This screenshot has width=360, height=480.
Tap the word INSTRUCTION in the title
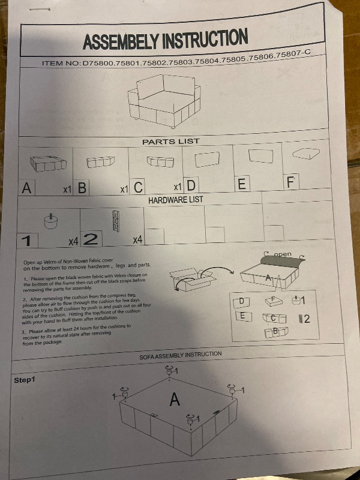pos(205,38)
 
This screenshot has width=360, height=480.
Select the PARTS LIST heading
pos(171,142)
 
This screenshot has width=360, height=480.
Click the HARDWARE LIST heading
pos(175,200)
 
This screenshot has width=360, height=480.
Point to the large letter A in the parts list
pos(26,188)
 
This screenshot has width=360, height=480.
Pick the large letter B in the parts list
pos(82,188)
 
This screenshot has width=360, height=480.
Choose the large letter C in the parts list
pos(138,187)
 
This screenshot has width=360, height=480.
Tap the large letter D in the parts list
pos(191,185)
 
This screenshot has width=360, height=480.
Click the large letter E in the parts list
pos(242,184)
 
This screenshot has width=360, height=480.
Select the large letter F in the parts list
pos(291,182)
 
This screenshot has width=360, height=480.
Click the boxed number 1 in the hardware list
pos(27,241)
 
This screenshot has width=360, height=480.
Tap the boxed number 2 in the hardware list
pos(91,239)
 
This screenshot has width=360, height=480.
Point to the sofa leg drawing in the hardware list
pos(51,221)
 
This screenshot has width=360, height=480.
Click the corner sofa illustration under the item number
pos(164,100)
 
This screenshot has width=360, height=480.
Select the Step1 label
pos(25,380)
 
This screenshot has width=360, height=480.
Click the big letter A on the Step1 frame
pos(175,399)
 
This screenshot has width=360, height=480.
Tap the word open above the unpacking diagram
pos(283,254)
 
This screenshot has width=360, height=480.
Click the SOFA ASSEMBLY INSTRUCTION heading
pos(181,355)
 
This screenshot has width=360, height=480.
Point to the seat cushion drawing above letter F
pos(306,153)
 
